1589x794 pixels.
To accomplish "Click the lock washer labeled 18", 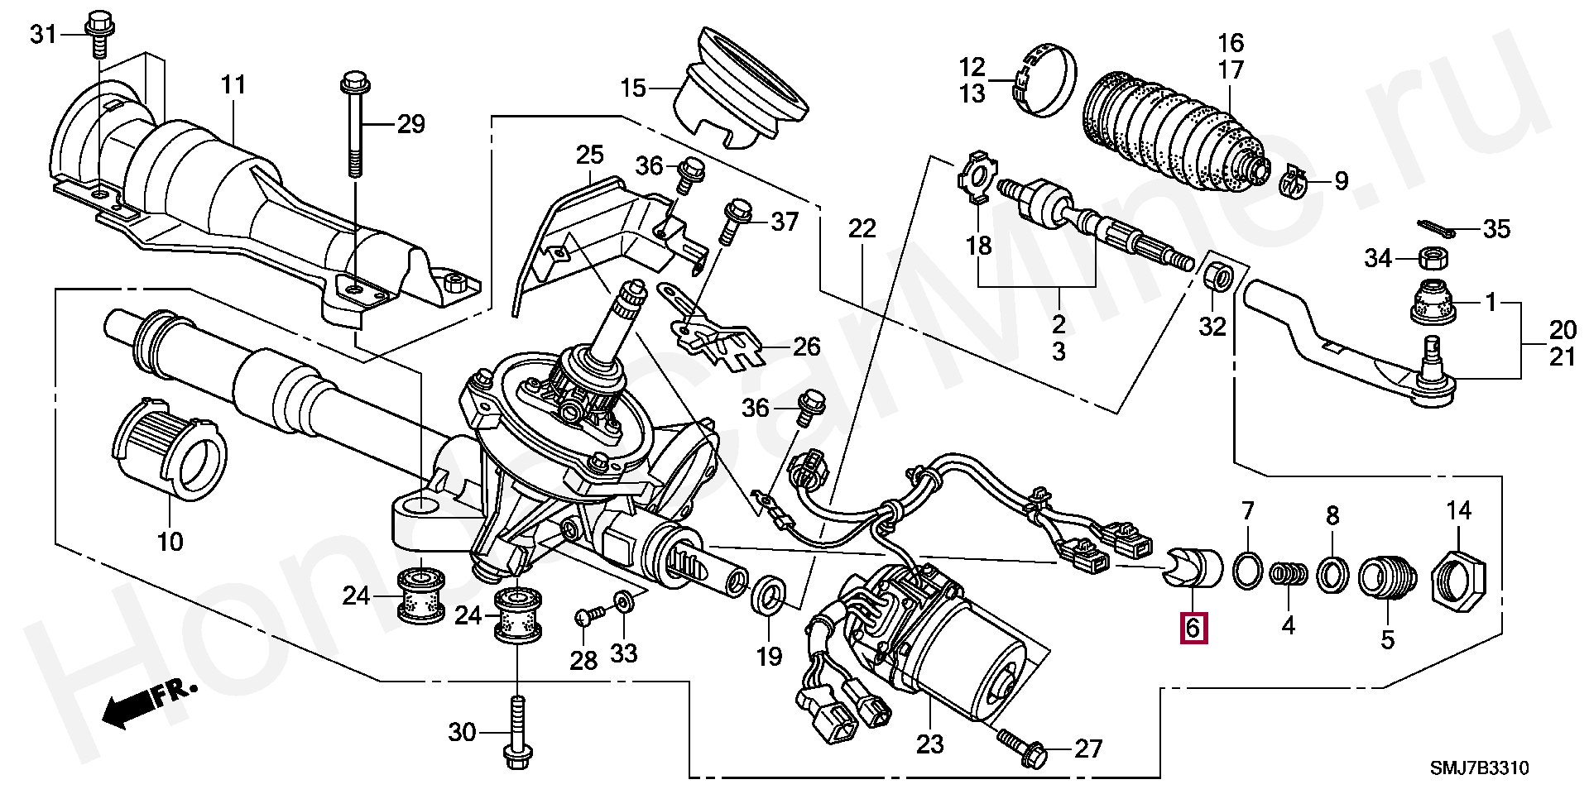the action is [977, 175].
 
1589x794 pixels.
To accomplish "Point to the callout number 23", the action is [929, 744].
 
